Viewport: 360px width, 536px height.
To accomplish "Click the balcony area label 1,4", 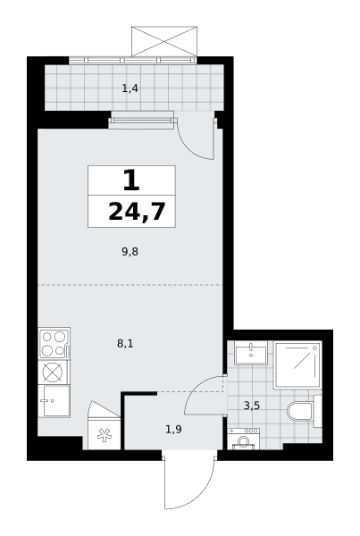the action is [130, 88].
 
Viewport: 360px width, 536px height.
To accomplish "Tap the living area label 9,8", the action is [130, 252].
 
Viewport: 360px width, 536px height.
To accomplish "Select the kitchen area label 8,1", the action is [125, 344].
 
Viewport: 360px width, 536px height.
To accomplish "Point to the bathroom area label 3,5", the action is [252, 406].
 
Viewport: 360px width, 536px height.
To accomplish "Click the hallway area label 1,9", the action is [173, 429].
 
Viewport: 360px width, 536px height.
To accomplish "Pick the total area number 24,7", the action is [137, 213].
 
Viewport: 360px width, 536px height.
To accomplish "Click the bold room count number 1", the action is [131, 180].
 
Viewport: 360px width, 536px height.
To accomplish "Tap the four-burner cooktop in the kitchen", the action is [54, 343].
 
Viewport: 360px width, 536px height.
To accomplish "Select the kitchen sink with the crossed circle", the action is [54, 372].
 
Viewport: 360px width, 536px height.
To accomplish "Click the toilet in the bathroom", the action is [300, 411].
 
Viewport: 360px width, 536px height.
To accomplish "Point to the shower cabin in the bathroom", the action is [297, 364].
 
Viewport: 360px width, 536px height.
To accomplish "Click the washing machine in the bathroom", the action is [243, 439].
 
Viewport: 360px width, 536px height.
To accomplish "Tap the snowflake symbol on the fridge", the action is [104, 435].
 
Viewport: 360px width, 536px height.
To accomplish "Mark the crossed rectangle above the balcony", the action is [164, 41].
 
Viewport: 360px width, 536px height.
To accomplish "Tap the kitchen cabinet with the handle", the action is [54, 401].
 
